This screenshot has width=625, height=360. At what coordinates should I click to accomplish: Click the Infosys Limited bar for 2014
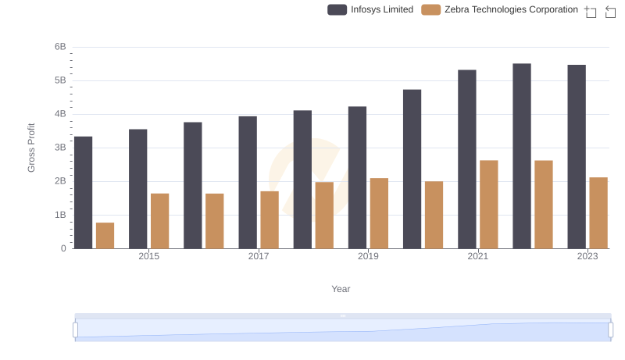tap(83, 193)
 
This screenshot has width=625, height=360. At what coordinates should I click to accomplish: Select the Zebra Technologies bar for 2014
tap(105, 236)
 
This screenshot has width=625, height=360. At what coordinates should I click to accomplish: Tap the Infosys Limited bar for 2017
tap(248, 183)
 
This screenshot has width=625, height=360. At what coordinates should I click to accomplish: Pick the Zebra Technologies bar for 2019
tap(379, 213)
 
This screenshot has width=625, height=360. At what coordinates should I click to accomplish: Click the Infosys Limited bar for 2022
tap(522, 156)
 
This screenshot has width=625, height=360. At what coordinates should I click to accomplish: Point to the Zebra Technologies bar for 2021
tap(489, 205)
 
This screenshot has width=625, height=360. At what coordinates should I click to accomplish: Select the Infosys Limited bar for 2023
tap(577, 157)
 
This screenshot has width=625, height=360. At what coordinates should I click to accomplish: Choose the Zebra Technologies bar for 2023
tap(598, 213)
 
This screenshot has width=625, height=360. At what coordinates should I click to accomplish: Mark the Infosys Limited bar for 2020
tap(412, 169)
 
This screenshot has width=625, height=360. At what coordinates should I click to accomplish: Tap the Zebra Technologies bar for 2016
tap(215, 221)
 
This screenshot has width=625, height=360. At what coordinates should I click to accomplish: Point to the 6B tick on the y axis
tap(60, 47)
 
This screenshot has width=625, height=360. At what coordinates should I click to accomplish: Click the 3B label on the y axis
tap(60, 148)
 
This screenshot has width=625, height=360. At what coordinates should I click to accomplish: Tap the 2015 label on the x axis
tap(149, 256)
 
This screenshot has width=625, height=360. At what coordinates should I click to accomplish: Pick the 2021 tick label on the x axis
tap(478, 256)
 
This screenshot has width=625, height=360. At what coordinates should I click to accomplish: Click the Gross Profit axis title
tap(31, 148)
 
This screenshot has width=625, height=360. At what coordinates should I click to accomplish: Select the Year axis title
tap(341, 289)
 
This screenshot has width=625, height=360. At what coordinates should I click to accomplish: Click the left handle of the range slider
tap(76, 330)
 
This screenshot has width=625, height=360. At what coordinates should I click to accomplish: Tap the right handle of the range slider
tap(611, 330)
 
